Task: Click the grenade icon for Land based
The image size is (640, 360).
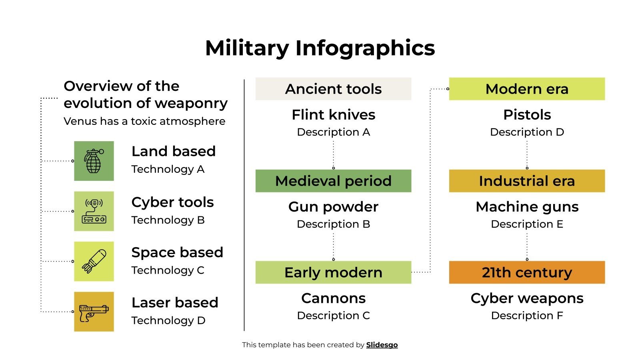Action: coord(94,161)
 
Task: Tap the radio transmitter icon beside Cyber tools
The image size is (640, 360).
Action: coord(94,211)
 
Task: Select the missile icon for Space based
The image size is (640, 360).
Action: coord(94,261)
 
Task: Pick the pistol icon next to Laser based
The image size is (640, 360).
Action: coord(94,312)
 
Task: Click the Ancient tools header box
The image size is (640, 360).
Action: coord(333,89)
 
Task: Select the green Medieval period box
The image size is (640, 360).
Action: coord(333,181)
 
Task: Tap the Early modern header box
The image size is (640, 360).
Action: coord(333,272)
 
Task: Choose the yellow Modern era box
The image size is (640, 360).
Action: coord(527,89)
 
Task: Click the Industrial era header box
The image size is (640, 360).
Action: coord(527,181)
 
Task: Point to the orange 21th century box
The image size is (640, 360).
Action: coord(527,272)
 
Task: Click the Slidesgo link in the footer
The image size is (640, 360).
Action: coord(382,345)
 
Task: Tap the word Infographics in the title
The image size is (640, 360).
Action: coord(365,48)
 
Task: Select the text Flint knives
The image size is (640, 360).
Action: coord(333,115)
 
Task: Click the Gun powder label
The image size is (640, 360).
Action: coord(333,207)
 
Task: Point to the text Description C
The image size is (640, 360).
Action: coord(333,316)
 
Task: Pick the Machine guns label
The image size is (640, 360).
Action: coord(527,207)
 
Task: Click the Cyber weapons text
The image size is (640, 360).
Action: coord(527,298)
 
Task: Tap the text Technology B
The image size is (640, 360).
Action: coord(168,220)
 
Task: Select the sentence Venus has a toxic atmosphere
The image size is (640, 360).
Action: coord(144,121)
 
